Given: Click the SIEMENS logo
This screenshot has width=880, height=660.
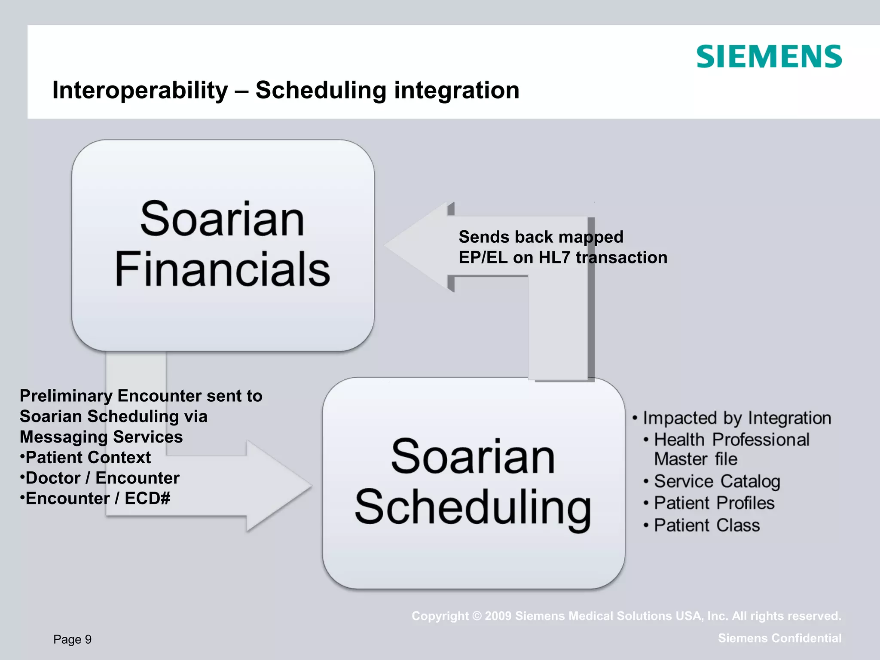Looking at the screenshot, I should coord(769,57).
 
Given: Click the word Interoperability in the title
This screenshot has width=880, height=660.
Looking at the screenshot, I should coord(140,90).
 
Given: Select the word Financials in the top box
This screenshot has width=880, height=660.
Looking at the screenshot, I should coord(222,270).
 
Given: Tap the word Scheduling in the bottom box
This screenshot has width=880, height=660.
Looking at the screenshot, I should coord(473,508).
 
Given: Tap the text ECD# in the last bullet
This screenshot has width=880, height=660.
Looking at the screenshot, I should coord(147,498).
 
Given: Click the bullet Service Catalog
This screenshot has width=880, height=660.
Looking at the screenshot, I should coord(717,481).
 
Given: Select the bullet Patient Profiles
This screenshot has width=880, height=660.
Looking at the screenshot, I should coord(714,503).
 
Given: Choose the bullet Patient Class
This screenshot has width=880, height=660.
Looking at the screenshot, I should coord(706,526).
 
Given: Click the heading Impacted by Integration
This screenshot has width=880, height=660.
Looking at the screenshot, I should coord(736,418).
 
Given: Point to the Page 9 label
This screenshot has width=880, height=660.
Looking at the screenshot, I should coord(73,639).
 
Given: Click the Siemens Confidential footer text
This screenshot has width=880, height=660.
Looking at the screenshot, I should coord(779,638).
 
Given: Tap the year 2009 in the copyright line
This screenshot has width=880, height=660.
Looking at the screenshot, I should coord(498,616).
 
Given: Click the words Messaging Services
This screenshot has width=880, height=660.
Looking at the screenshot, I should coord(101,437).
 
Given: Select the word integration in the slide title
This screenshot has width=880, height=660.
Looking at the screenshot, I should coord(456,90).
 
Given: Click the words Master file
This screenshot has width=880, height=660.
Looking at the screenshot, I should coord(695,459).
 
